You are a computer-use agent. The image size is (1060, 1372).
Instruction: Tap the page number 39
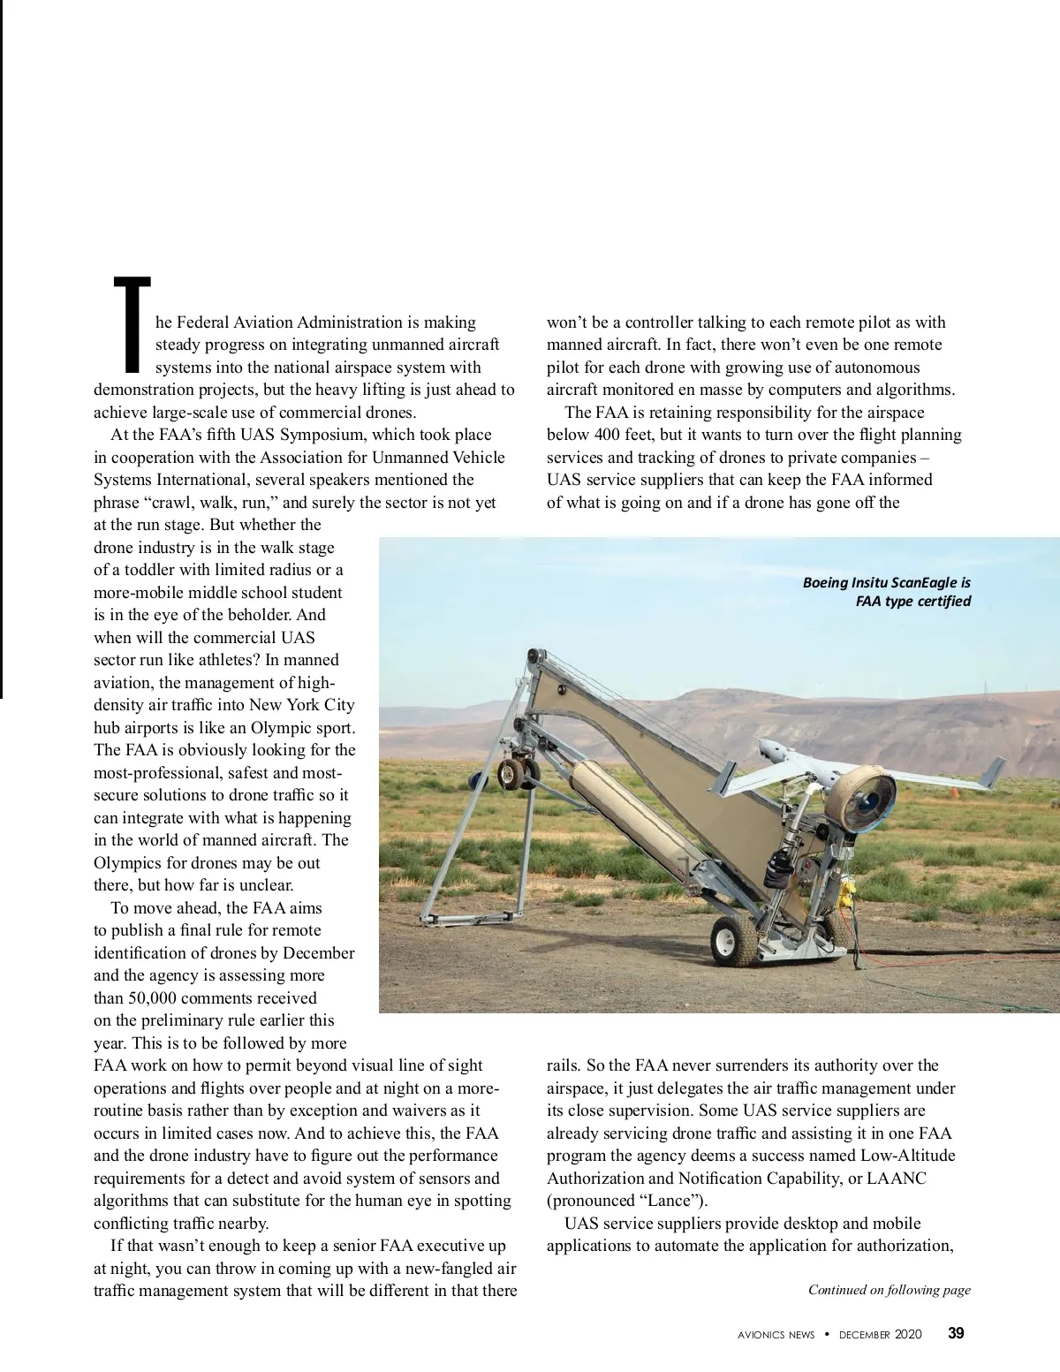click(956, 1334)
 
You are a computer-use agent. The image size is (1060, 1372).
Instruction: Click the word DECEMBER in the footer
click(864, 1335)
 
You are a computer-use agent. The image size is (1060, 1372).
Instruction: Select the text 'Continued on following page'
click(889, 1290)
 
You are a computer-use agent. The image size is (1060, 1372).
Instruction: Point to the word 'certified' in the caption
click(943, 602)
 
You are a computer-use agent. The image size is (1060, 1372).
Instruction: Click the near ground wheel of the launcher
click(734, 940)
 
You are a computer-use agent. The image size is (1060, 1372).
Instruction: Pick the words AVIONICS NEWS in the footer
click(776, 1335)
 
